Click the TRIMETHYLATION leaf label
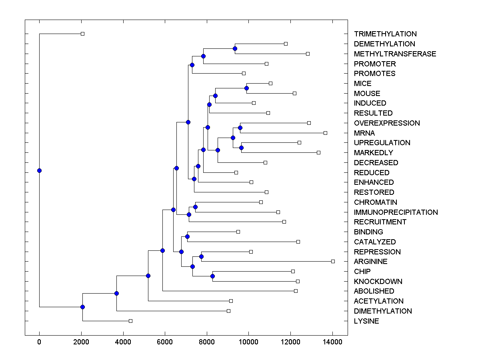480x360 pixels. click(385, 34)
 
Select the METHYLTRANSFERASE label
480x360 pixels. click(395, 54)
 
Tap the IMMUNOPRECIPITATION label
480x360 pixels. click(396, 212)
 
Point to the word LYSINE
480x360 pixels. click(366, 321)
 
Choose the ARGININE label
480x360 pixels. click(370, 261)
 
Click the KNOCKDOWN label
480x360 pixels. click(378, 281)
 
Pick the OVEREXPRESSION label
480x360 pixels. click(387, 123)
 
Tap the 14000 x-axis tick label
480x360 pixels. click(332, 342)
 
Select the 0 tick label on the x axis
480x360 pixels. click(39, 342)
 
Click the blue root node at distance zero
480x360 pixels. click(39, 170)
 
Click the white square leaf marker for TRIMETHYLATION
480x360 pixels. click(82, 34)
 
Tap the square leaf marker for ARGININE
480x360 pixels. click(333, 261)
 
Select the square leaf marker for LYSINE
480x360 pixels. click(130, 321)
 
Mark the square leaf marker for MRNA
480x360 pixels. click(325, 133)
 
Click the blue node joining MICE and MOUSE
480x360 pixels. click(247, 88)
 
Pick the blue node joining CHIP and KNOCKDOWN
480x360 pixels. click(212, 276)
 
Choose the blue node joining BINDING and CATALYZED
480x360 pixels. click(187, 236)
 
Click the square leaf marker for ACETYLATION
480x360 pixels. click(231, 301)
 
